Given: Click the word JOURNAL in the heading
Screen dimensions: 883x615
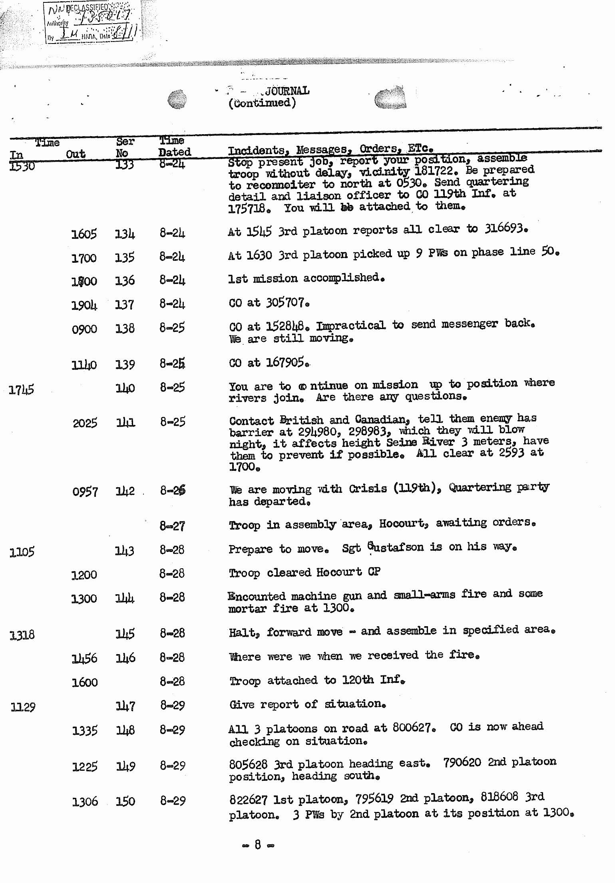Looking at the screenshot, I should coord(287,91).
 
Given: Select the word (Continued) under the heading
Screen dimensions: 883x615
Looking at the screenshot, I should coord(262,103).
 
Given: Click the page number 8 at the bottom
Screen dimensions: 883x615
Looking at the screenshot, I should coord(258,844).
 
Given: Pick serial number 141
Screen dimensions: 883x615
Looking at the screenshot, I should coord(125,423).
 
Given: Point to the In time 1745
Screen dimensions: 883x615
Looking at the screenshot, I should coord(22,390).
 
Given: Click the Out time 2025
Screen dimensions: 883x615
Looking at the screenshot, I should coord(85,423).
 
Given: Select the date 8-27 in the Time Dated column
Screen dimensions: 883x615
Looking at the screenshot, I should coord(172,526).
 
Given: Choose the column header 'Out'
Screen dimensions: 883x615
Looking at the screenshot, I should coord(76,154).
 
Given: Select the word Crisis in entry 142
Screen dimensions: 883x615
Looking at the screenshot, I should coord(368,489).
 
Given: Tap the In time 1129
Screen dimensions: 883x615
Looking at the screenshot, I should coord(23,707).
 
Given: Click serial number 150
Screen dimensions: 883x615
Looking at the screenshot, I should coord(125,801).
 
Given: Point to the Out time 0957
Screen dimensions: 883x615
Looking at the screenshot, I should coord(85,492).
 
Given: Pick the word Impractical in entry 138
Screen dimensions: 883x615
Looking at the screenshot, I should coord(351,325).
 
